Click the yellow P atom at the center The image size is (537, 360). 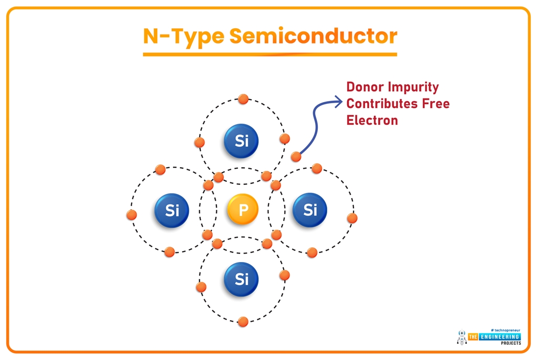coord(242,210)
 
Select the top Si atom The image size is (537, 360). coord(241,140)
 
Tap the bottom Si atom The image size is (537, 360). coord(241,279)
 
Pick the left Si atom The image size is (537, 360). coord(171,210)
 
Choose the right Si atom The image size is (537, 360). coord(310,210)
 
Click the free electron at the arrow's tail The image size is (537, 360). coord(296,156)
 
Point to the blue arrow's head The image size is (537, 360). coord(338,102)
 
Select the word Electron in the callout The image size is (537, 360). coord(372,120)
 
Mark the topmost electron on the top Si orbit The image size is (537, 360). coord(242,99)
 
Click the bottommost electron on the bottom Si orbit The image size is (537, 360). coord(243,321)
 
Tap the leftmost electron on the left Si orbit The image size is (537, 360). coord(132,214)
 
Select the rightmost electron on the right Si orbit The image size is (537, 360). coord(352,218)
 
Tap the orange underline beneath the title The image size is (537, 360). coord(270,54)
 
